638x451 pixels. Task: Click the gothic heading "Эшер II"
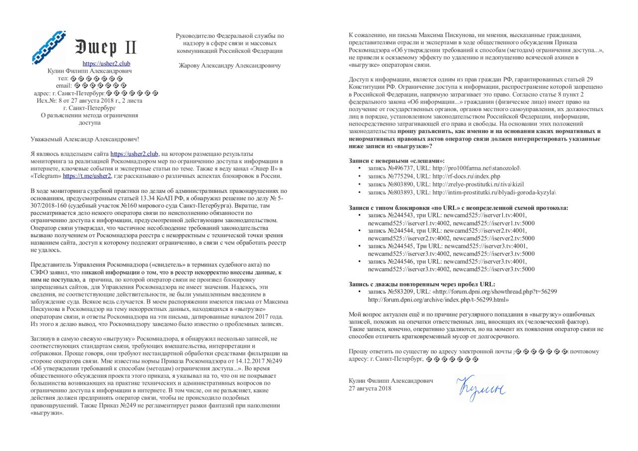click(x=106, y=47)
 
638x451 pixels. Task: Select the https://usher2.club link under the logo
click(x=107, y=64)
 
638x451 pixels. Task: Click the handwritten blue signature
click(x=480, y=387)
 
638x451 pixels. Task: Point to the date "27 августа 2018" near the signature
click(x=370, y=388)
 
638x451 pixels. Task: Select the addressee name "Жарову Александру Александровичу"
click(x=229, y=65)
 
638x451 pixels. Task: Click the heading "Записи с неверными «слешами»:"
click(x=396, y=161)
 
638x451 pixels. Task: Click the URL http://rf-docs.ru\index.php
click(x=466, y=176)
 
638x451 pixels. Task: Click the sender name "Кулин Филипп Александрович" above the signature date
click(x=391, y=381)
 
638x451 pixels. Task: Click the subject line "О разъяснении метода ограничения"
click(x=89, y=115)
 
